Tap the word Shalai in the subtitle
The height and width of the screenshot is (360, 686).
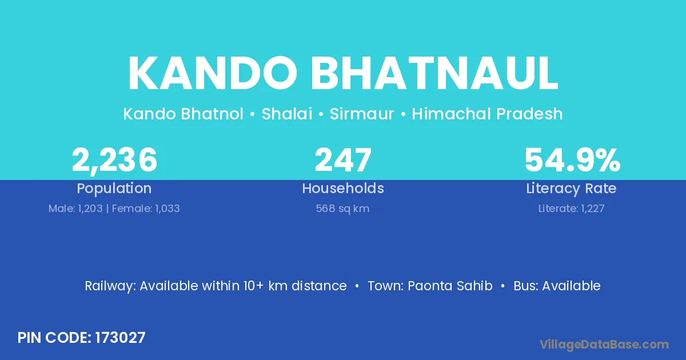[x=287, y=114]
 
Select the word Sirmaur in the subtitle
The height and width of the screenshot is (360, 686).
[x=362, y=114]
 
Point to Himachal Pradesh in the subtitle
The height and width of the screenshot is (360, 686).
[x=487, y=114]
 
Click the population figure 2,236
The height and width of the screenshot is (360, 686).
[x=114, y=160]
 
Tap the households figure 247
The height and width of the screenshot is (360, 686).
[x=343, y=160]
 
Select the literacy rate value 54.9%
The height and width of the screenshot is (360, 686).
[x=572, y=160]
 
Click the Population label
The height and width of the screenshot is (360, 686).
[x=114, y=189]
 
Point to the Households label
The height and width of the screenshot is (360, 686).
[x=343, y=188]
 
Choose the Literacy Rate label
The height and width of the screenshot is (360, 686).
[x=571, y=189]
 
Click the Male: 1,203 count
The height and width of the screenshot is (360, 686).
[x=75, y=209]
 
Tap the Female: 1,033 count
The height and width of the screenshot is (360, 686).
[x=146, y=209]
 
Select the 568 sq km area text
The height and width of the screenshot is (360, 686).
[x=342, y=209]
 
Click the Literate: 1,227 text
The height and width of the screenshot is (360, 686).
[x=572, y=209]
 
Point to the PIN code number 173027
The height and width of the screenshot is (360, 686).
[x=121, y=338]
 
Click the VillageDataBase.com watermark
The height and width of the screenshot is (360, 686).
[x=604, y=345]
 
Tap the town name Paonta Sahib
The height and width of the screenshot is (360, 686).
[x=450, y=286]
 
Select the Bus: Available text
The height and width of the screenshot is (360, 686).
[x=557, y=286]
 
